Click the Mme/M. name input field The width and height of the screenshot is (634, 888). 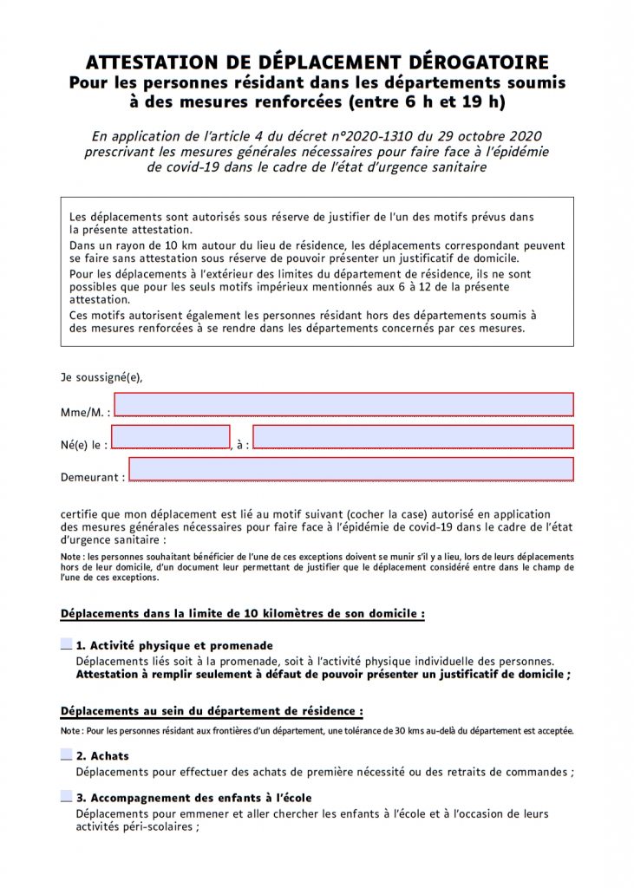343,405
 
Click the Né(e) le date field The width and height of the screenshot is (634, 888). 171,436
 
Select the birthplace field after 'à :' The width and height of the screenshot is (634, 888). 413,436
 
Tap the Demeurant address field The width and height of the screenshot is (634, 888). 350,469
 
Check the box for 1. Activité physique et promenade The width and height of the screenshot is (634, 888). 67,645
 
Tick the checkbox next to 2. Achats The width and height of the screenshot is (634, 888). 67,755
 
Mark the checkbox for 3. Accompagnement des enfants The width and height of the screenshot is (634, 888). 67,797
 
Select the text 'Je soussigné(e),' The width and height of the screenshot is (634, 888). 101,377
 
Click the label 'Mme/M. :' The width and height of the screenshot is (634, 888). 85,412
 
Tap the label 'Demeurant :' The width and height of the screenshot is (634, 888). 92,477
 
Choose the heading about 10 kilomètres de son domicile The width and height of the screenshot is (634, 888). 242,614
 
